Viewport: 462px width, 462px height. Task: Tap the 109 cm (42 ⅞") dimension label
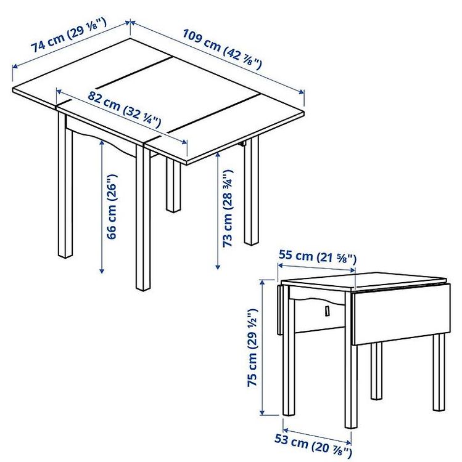pyautogui.click(x=222, y=49)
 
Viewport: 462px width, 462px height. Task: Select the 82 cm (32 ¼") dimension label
pyautogui.click(x=124, y=109)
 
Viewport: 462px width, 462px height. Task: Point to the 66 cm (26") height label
pyautogui.click(x=112, y=206)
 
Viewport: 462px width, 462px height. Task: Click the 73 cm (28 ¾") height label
pyautogui.click(x=228, y=208)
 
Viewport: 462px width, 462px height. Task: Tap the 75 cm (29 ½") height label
pyautogui.click(x=252, y=347)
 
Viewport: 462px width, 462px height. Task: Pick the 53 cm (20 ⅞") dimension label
pyautogui.click(x=313, y=445)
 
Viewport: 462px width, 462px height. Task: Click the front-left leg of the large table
pyautogui.click(x=65, y=185)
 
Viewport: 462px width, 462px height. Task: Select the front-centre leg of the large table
pyautogui.click(x=143, y=218)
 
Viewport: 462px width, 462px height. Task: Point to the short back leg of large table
pyautogui.click(x=173, y=185)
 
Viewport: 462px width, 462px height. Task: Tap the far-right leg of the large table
pyautogui.click(x=252, y=191)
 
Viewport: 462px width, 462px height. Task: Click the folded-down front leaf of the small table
pyautogui.click(x=401, y=314)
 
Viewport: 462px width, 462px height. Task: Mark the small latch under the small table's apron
pyautogui.click(x=326, y=311)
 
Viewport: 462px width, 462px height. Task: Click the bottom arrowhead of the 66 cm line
pyautogui.click(x=102, y=270)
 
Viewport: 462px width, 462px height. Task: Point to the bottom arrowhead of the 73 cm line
pyautogui.click(x=218, y=266)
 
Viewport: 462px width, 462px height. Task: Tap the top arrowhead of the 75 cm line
pyautogui.click(x=262, y=283)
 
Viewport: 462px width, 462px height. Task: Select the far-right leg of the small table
pyautogui.click(x=439, y=373)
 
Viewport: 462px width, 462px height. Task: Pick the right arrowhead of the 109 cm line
pyautogui.click(x=302, y=92)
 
